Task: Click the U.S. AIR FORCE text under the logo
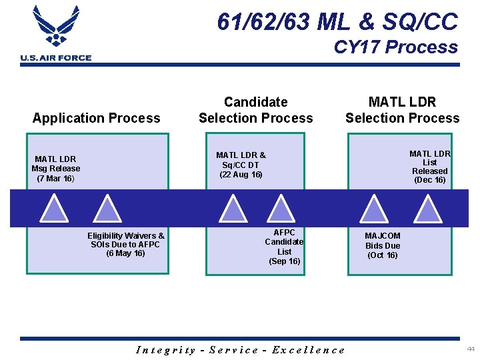click(56, 58)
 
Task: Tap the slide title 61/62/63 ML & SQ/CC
click(337, 22)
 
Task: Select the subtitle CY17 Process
click(395, 47)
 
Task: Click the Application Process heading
click(97, 118)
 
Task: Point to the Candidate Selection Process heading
click(255, 110)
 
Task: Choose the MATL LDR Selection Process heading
click(402, 110)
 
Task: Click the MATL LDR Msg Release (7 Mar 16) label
click(55, 169)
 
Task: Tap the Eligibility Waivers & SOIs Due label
click(126, 244)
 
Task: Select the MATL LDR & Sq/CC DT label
click(241, 165)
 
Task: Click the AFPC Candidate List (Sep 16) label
click(285, 247)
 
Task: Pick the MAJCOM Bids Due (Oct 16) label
click(383, 245)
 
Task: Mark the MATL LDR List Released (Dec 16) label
click(430, 167)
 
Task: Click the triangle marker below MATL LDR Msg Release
click(54, 209)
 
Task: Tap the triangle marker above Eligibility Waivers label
click(105, 209)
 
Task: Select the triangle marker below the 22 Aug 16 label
click(233, 209)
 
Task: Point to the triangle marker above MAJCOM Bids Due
click(375, 209)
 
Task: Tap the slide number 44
click(471, 349)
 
